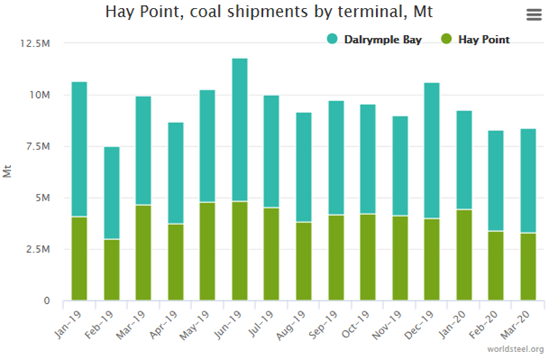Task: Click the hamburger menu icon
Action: click(x=533, y=15)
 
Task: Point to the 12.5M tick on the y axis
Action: click(x=38, y=43)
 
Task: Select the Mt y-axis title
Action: click(x=9, y=171)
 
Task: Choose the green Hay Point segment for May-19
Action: click(x=208, y=251)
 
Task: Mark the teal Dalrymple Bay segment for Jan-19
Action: click(x=79, y=149)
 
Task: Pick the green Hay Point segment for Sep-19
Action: click(x=336, y=257)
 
